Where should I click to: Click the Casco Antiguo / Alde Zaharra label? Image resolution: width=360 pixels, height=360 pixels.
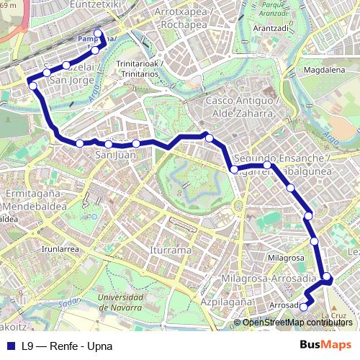pos(239,107)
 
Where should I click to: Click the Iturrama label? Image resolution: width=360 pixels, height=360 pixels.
pos(171,250)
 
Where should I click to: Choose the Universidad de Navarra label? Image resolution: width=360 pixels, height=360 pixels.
pos(125,302)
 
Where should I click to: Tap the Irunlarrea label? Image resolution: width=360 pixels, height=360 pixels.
pos(60,248)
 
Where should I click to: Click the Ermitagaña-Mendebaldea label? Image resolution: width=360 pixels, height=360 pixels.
pos(35,201)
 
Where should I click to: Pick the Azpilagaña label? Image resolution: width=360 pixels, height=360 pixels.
pos(222,302)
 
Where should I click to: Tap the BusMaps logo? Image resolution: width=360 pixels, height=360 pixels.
pos(325,345)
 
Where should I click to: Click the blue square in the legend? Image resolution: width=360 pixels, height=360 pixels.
pos(12,346)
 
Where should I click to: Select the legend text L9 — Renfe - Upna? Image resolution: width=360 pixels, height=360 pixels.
pos(67,346)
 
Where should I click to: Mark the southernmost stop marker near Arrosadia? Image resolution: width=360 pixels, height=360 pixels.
pos(303,307)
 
